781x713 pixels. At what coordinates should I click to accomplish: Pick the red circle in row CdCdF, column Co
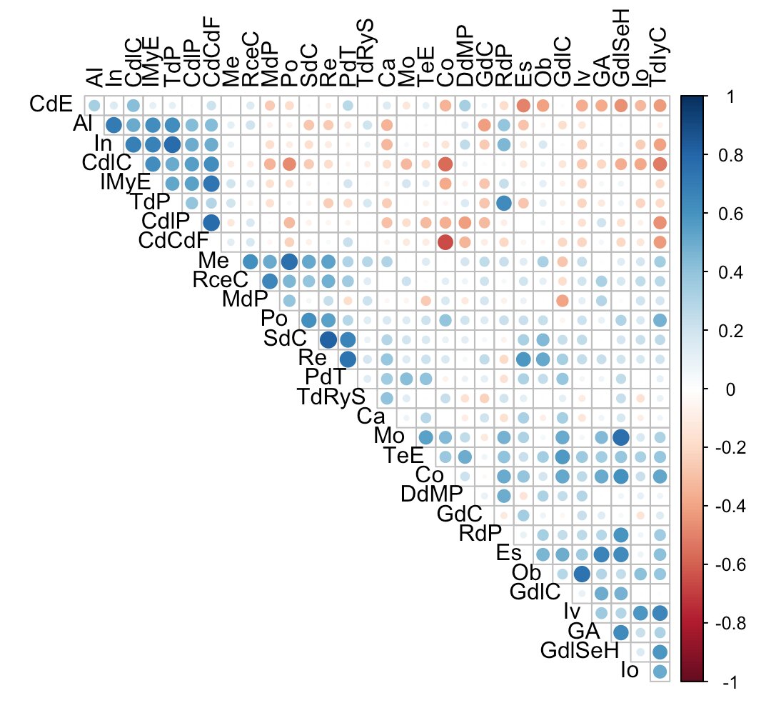pos(445,241)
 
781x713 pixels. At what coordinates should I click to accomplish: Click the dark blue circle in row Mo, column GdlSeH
pos(620,437)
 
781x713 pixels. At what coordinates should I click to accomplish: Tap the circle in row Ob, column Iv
pos(581,574)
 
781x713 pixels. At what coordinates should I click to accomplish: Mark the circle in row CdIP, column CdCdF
pos(211,222)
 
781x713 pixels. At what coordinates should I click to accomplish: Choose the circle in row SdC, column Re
pos(328,339)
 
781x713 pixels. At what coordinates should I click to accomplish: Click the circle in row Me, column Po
pos(289,261)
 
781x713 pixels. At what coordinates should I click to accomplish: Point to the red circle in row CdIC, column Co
pos(445,164)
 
